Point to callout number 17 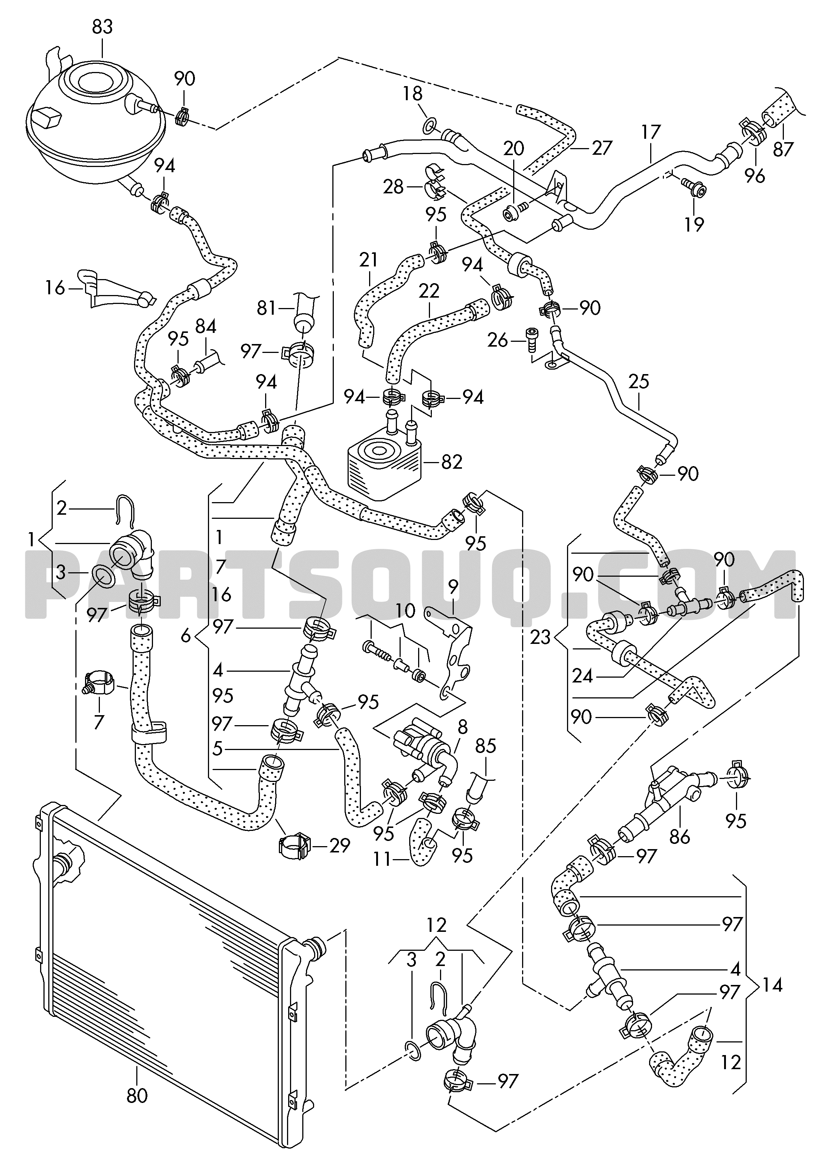tap(651, 132)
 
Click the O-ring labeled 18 tap(429, 125)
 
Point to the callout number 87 tap(783, 149)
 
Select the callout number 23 tap(540, 636)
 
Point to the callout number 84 tap(206, 326)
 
